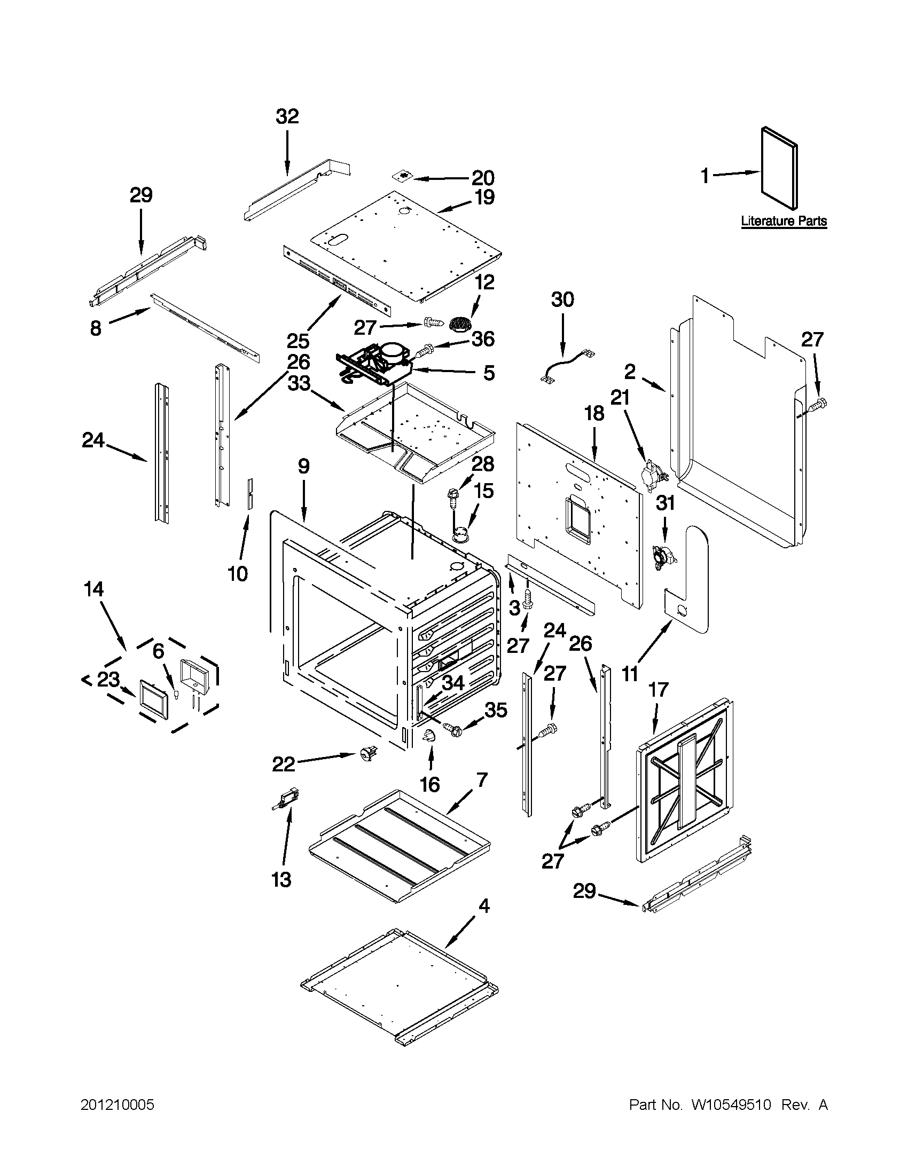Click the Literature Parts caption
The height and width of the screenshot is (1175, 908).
784,220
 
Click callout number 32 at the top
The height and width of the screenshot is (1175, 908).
287,117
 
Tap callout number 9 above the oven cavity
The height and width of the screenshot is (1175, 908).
303,466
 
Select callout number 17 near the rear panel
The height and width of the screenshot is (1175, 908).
659,689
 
